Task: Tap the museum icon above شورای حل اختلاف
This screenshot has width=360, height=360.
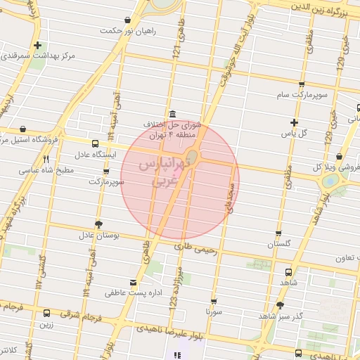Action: tap(172, 115)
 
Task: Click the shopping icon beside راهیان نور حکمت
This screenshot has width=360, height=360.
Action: tap(127, 20)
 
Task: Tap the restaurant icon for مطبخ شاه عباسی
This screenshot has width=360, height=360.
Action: tap(46, 160)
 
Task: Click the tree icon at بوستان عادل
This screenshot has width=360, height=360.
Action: tap(98, 224)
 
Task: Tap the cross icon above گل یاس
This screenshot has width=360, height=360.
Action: tap(294, 122)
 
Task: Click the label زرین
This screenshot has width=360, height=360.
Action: tap(46, 324)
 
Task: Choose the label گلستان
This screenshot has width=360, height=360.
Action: tap(278, 244)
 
